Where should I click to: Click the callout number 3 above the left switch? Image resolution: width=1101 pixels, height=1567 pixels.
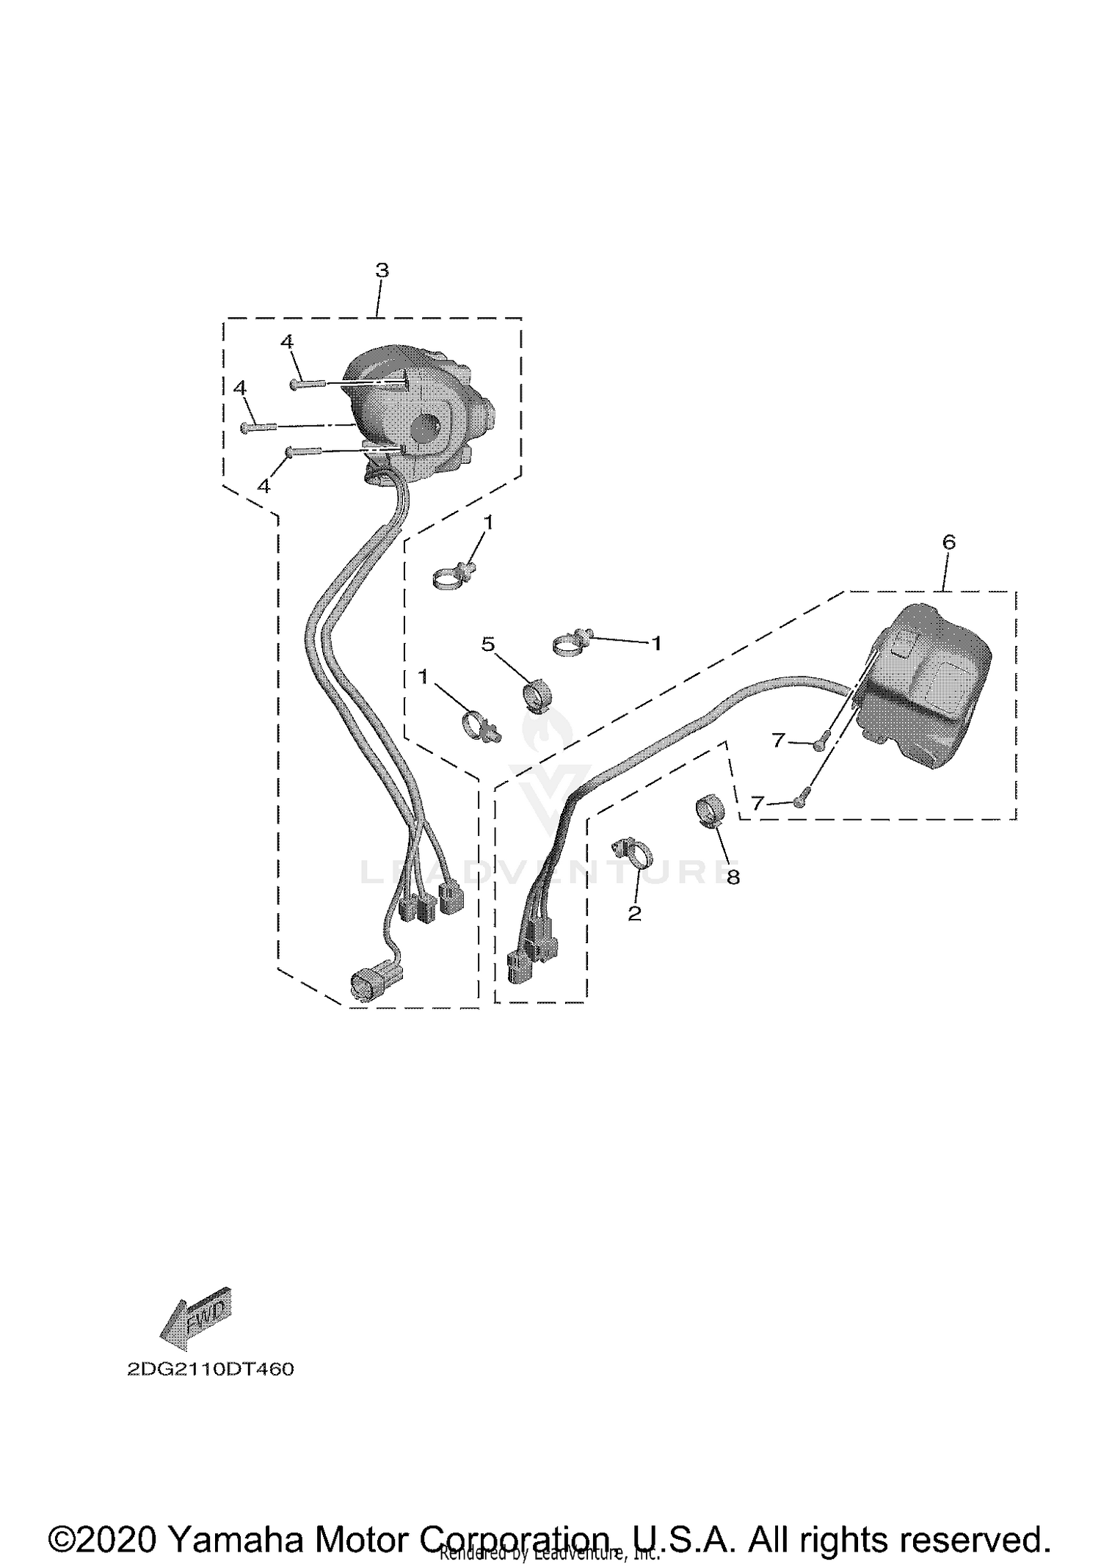coord(382,270)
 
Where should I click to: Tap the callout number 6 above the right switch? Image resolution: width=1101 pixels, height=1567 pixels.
coord(948,542)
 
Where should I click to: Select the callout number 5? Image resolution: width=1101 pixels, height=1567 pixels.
coord(488,644)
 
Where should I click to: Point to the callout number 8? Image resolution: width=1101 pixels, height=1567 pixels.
coord(733,876)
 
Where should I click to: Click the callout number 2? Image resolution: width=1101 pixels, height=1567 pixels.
coord(635,913)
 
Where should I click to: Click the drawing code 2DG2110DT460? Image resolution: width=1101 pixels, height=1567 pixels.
coord(210,1370)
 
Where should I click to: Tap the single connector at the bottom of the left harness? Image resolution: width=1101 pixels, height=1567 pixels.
coord(374,982)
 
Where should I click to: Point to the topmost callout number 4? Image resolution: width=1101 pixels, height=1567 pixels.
coord(287,341)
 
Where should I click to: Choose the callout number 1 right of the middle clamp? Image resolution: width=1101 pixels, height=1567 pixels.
coord(656,643)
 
